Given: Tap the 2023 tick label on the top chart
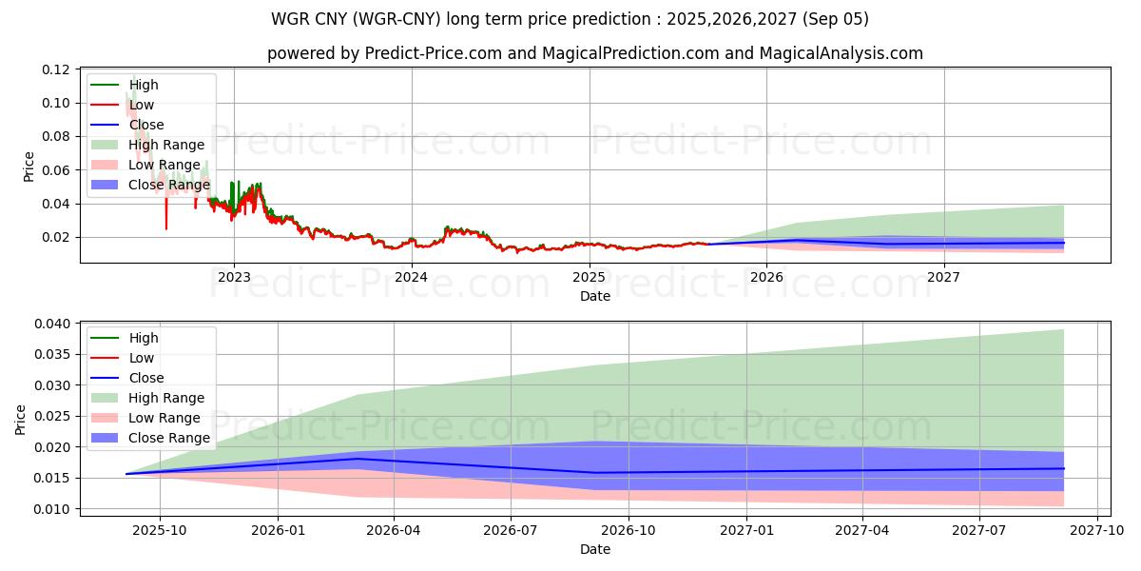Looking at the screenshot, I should (x=234, y=277).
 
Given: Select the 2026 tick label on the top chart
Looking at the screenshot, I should (x=766, y=277).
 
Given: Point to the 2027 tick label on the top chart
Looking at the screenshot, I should (x=944, y=277).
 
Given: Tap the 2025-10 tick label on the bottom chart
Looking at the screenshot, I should (x=160, y=530).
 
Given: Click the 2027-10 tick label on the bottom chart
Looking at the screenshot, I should (x=1098, y=530).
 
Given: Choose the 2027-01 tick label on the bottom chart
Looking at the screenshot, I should (x=746, y=530).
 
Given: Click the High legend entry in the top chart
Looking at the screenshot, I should (x=144, y=85).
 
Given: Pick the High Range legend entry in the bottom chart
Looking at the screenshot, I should (x=166, y=398).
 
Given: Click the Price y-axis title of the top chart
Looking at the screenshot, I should (x=29, y=167).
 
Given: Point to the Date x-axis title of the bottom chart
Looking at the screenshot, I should (x=595, y=549).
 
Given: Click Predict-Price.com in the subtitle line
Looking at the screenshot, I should (x=433, y=53).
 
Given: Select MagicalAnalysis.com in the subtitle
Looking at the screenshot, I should (x=841, y=53).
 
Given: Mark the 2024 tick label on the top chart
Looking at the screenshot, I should (x=412, y=277).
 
